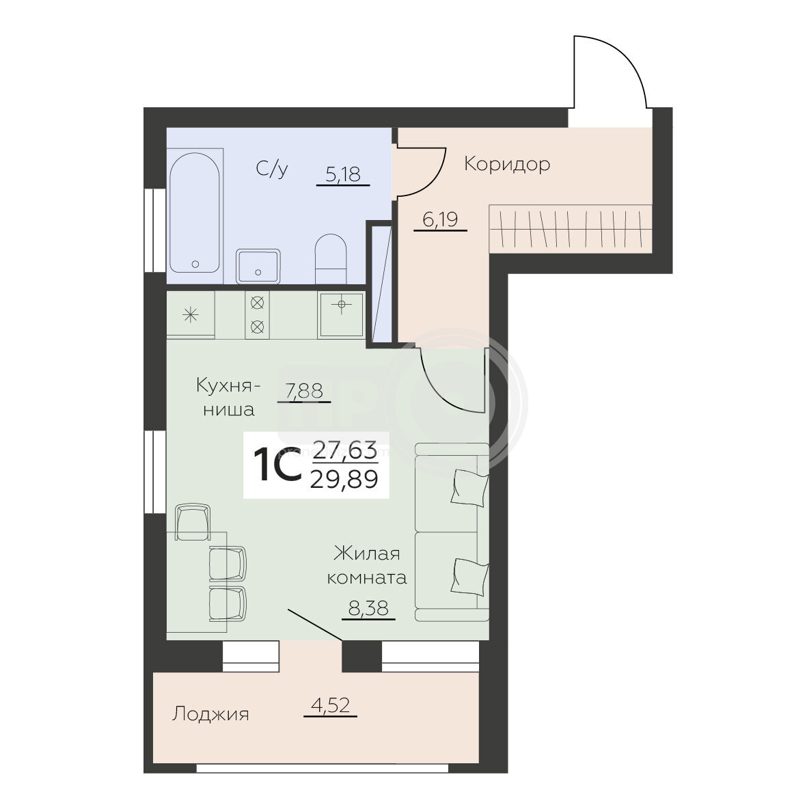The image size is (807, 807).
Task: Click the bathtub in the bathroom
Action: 195,212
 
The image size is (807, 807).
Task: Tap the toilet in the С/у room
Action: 330,259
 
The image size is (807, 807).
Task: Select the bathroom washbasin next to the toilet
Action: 258,266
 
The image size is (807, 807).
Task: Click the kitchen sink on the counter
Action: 341,314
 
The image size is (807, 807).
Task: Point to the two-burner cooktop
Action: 257,314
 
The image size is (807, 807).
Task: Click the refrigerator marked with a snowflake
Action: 191,314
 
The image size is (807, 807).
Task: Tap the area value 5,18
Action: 343,174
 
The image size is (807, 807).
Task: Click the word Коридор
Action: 507,164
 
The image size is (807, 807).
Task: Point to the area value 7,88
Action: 304,392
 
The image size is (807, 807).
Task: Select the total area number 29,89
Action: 344,480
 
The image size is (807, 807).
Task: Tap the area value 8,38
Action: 368,609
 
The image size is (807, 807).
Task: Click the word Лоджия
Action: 210,714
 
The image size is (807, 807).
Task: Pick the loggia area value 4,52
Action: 331,706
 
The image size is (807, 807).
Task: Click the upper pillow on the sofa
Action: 469,487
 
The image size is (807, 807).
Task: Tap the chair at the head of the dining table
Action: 193,522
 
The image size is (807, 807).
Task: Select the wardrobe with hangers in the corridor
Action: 571,228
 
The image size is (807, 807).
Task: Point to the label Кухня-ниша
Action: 228,397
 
